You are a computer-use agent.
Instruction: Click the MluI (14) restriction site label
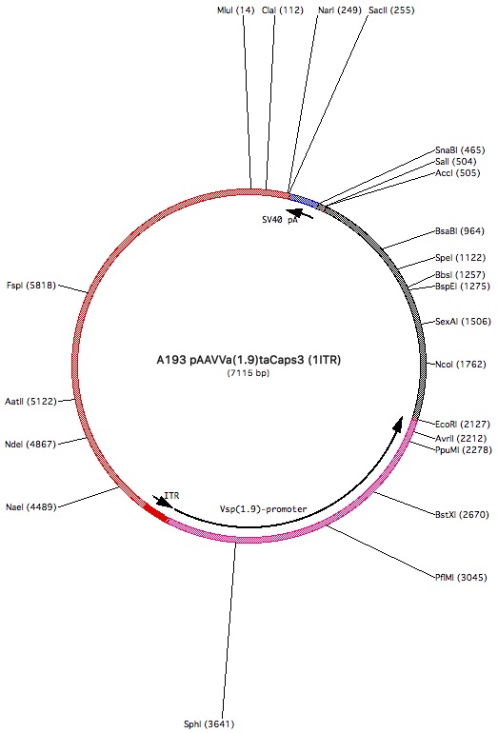(236, 10)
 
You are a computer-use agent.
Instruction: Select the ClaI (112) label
(283, 10)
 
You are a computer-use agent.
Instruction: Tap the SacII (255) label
(391, 10)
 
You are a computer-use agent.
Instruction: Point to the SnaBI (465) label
(460, 150)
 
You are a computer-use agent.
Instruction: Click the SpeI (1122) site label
(461, 258)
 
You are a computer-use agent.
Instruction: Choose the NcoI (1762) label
(461, 365)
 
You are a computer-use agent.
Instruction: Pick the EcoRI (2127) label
(463, 424)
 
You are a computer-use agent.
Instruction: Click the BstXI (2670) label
(462, 514)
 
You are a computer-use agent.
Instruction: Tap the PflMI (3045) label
(461, 577)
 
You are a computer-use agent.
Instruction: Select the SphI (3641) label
(209, 724)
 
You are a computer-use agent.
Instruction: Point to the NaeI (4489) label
(31, 506)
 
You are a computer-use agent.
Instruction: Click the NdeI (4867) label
(30, 445)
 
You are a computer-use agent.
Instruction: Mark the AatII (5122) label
(30, 401)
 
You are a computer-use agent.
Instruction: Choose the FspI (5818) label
(31, 286)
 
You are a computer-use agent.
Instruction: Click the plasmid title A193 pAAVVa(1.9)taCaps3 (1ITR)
(249, 360)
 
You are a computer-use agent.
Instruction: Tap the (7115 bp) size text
(249, 373)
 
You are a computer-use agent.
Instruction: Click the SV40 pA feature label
(280, 219)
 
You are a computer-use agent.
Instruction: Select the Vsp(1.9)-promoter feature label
(263, 509)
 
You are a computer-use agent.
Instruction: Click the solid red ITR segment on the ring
(155, 512)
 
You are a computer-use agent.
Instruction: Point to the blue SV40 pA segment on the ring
(304, 200)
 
